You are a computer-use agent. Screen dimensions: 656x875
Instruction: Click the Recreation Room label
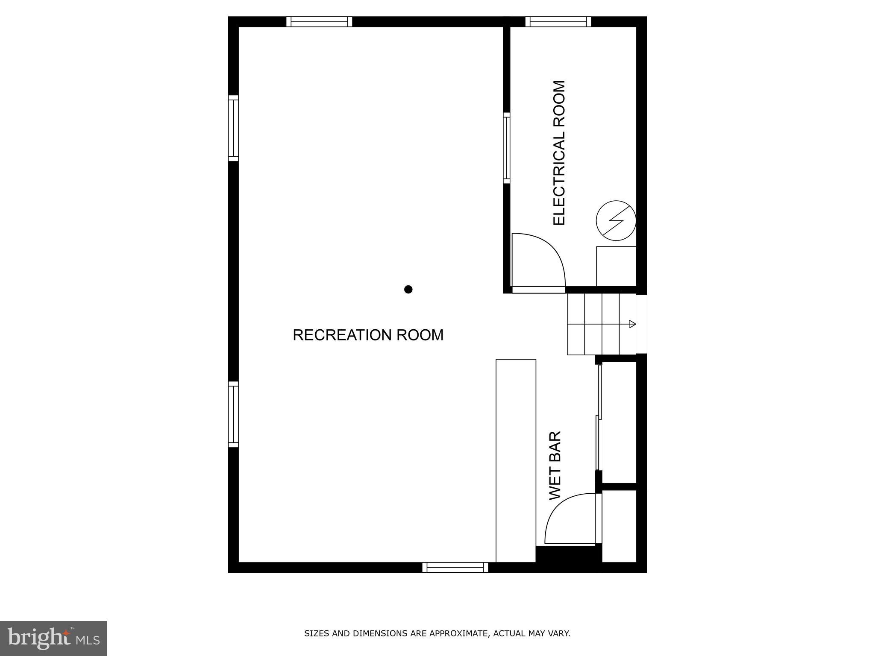(368, 335)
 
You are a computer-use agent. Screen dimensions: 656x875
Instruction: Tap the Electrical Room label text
(559, 152)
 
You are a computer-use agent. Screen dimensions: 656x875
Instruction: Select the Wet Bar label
(555, 465)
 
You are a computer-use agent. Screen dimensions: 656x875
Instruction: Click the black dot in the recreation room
(408, 290)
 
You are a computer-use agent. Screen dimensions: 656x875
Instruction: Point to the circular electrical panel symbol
(616, 220)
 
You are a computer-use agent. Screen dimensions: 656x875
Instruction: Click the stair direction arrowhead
(633, 324)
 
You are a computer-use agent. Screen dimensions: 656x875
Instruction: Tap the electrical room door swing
(539, 261)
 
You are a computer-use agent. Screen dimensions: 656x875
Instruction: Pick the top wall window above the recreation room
(319, 21)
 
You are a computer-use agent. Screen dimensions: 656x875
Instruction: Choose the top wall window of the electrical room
(558, 21)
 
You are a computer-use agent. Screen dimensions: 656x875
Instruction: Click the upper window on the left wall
(233, 128)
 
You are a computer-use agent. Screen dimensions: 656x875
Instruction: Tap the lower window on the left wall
(233, 414)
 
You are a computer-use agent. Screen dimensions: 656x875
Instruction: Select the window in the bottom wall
(455, 567)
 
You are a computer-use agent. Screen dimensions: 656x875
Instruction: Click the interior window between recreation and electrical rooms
(506, 148)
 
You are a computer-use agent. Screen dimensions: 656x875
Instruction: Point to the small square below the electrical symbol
(616, 266)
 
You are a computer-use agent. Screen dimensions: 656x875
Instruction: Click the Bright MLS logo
(53, 638)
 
